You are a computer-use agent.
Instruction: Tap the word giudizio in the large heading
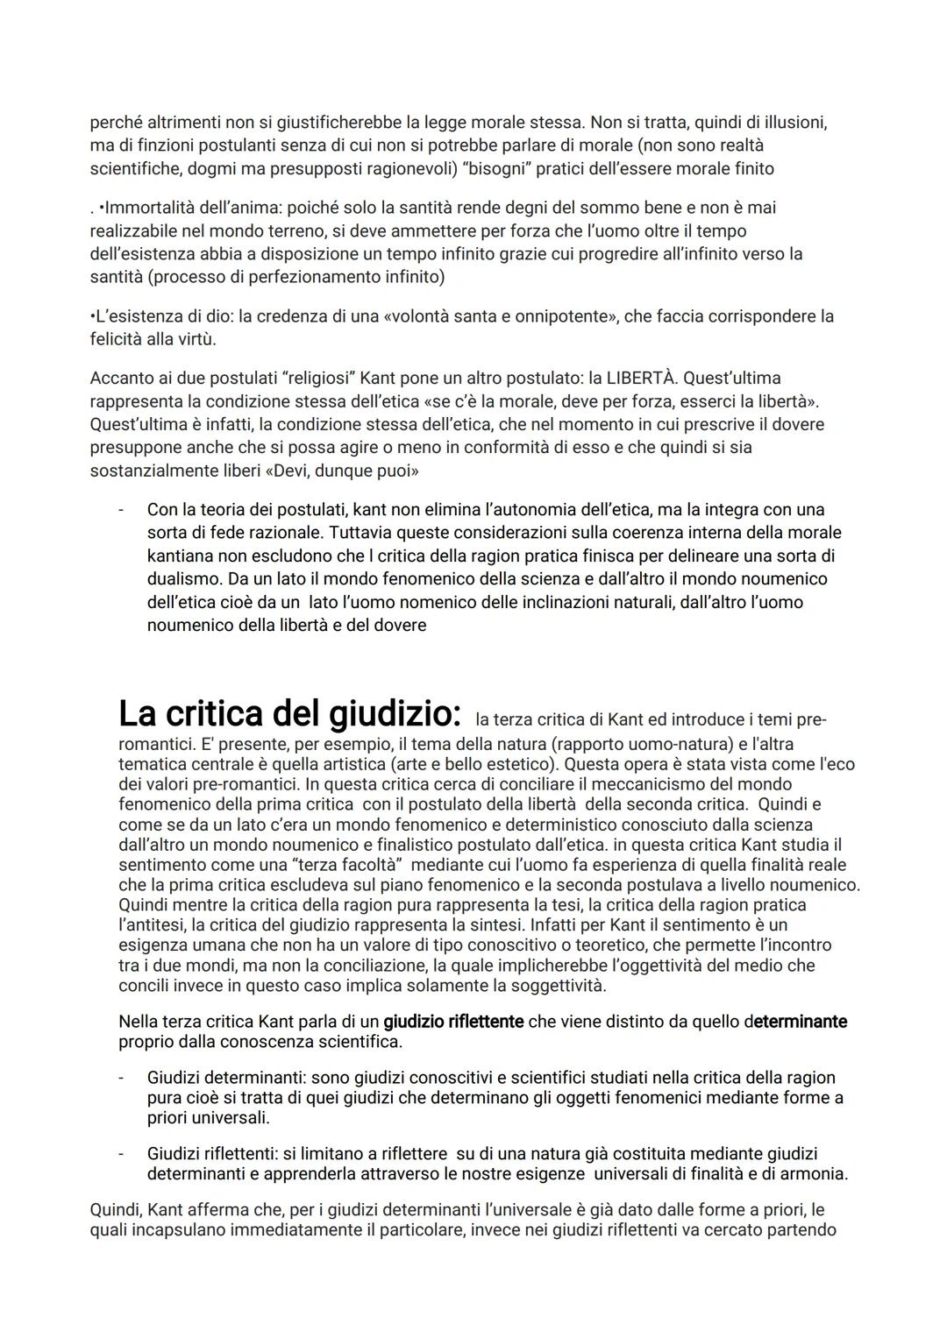[x=395, y=714]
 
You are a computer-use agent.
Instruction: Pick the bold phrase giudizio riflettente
[x=453, y=1022]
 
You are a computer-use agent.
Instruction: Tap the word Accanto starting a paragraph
[x=121, y=379]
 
